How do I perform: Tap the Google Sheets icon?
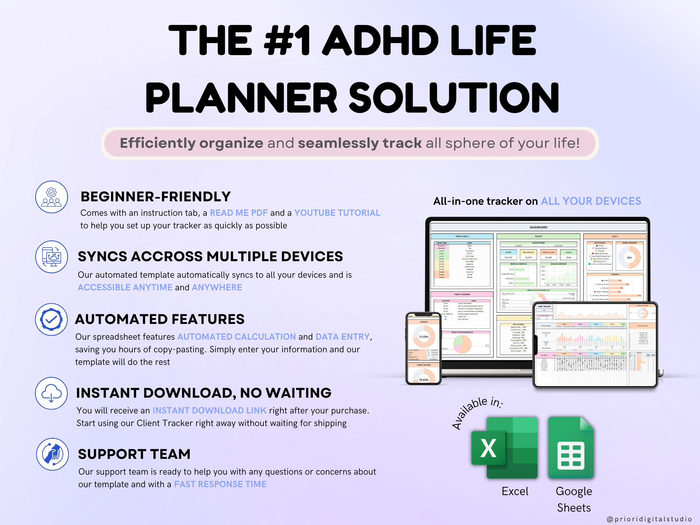click(571, 448)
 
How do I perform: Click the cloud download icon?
click(51, 393)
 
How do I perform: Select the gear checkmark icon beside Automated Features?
click(51, 319)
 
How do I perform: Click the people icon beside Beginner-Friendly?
click(51, 197)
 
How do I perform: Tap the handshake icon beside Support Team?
click(52, 454)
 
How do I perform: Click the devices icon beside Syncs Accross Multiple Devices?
click(51, 257)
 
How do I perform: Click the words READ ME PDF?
click(239, 213)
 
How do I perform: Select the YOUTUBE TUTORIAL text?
click(337, 213)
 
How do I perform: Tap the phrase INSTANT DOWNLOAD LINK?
click(209, 411)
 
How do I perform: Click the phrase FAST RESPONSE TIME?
click(220, 484)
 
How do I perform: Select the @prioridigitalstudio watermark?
click(649, 519)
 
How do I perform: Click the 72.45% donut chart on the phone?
click(424, 337)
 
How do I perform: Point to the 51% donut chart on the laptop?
click(629, 258)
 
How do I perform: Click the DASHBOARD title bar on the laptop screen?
click(538, 227)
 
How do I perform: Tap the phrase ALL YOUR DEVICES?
click(591, 201)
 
